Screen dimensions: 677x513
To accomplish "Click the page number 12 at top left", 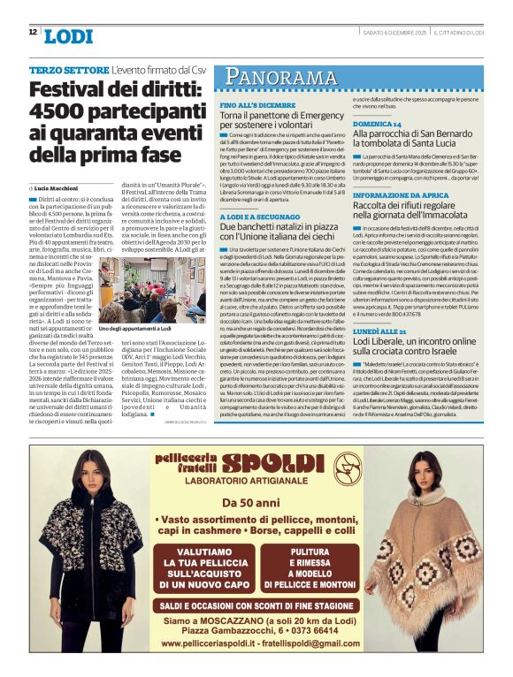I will pos(33,32).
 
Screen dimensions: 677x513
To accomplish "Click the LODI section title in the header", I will pos(67,36).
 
